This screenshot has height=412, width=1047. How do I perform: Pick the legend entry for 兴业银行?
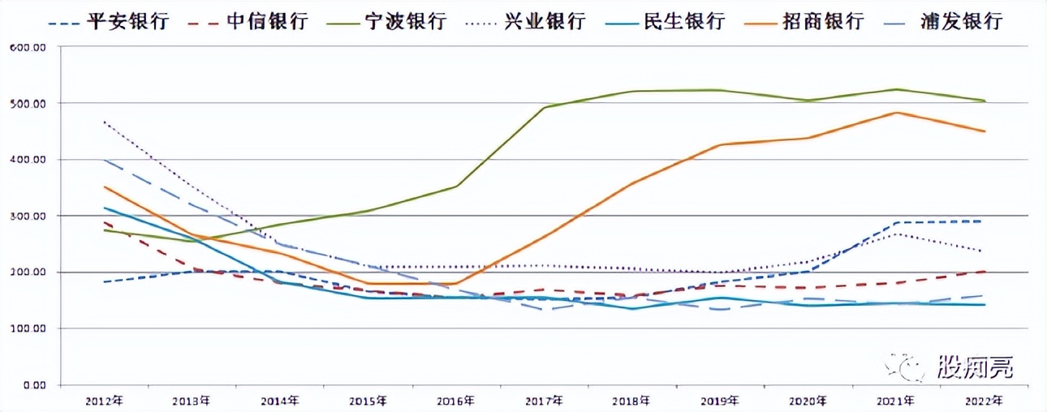point(535,21)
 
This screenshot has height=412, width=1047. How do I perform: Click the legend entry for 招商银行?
point(816,21)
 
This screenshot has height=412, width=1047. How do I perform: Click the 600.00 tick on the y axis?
point(28,47)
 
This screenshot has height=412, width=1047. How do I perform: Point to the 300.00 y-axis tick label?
point(28,216)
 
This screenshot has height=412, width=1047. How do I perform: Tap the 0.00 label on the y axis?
point(32,384)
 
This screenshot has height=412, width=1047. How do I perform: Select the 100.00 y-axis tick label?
point(28,328)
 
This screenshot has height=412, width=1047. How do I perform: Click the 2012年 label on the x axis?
point(103,400)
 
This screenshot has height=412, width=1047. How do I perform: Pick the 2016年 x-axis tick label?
point(455,400)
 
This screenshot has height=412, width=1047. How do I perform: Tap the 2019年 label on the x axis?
point(720,400)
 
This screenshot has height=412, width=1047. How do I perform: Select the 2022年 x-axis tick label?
point(985,400)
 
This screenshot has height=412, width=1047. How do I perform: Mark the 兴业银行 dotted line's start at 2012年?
point(103,122)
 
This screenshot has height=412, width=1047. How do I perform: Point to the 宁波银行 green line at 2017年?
point(544,107)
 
